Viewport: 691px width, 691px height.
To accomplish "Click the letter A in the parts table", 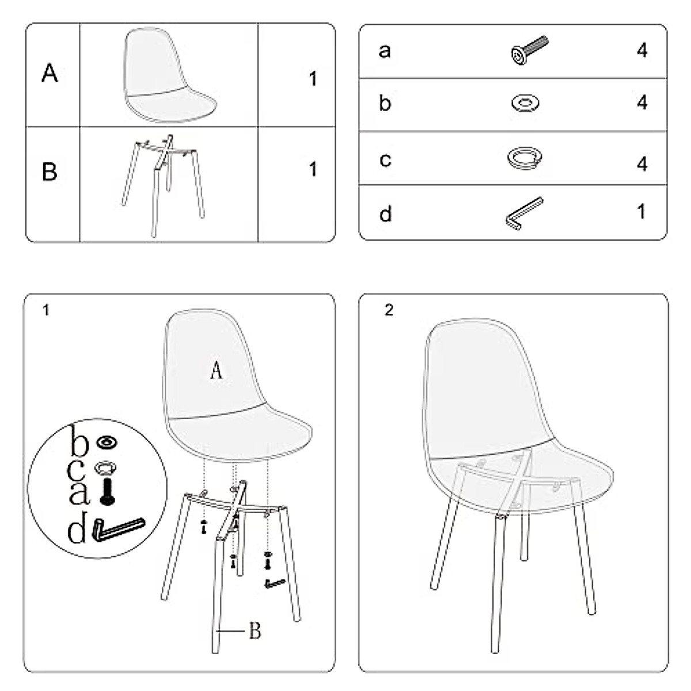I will coord(50,73).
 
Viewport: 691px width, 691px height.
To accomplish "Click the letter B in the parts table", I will coord(50,172).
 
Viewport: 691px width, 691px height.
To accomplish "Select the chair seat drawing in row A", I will coord(168,76).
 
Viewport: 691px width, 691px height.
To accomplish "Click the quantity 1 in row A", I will coord(313,79).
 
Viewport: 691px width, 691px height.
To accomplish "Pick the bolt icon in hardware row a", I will coord(529,50).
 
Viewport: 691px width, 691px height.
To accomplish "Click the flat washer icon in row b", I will coord(525,104).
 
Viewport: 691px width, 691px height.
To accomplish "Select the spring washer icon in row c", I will coord(526,157).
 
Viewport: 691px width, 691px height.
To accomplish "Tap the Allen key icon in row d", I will coord(523,214).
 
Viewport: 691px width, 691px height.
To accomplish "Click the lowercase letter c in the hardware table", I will coord(385,160).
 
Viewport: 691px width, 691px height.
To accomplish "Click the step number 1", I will coord(46,310).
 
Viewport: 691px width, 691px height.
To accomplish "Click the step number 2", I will coord(389,310).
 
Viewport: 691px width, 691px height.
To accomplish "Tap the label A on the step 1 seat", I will coord(216,370).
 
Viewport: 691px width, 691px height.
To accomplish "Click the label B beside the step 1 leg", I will coord(255,631).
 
